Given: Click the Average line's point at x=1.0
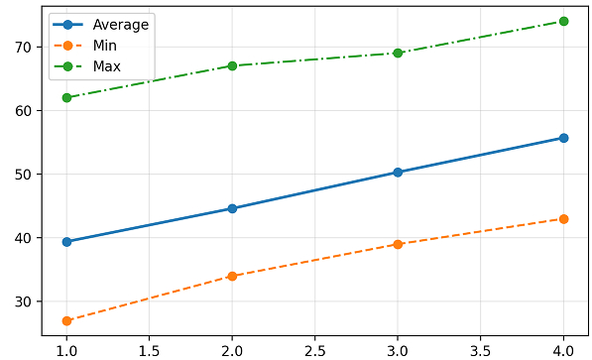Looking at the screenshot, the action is pos(66,242).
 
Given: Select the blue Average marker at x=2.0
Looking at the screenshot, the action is pos(232,208).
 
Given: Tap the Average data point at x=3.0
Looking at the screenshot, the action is pos(398,173).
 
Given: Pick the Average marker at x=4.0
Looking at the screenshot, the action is pos(563,138).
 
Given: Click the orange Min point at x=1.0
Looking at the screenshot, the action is pos(66,320).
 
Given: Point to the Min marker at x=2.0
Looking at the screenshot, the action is pos(232,276).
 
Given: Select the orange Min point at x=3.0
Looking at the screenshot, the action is pos(398,244).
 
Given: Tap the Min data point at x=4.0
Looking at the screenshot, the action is pos(563,219).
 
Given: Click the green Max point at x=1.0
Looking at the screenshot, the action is pos(66,98).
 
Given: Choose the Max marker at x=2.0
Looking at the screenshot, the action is pos(232,66).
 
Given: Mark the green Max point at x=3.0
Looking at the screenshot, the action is pos(398,53).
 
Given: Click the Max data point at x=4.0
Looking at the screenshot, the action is pos(563,21).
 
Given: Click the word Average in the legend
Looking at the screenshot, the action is pos(121,25).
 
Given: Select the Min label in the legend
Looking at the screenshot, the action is pos(104,46).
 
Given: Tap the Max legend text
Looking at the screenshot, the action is pos(107,66).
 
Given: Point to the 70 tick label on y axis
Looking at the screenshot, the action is pos(23,48).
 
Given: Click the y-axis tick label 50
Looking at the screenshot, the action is pos(23,175).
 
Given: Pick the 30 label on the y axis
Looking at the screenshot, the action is pos(23,301).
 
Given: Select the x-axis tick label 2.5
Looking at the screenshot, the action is pos(315,351).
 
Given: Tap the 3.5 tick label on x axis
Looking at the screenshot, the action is pos(480,351).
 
